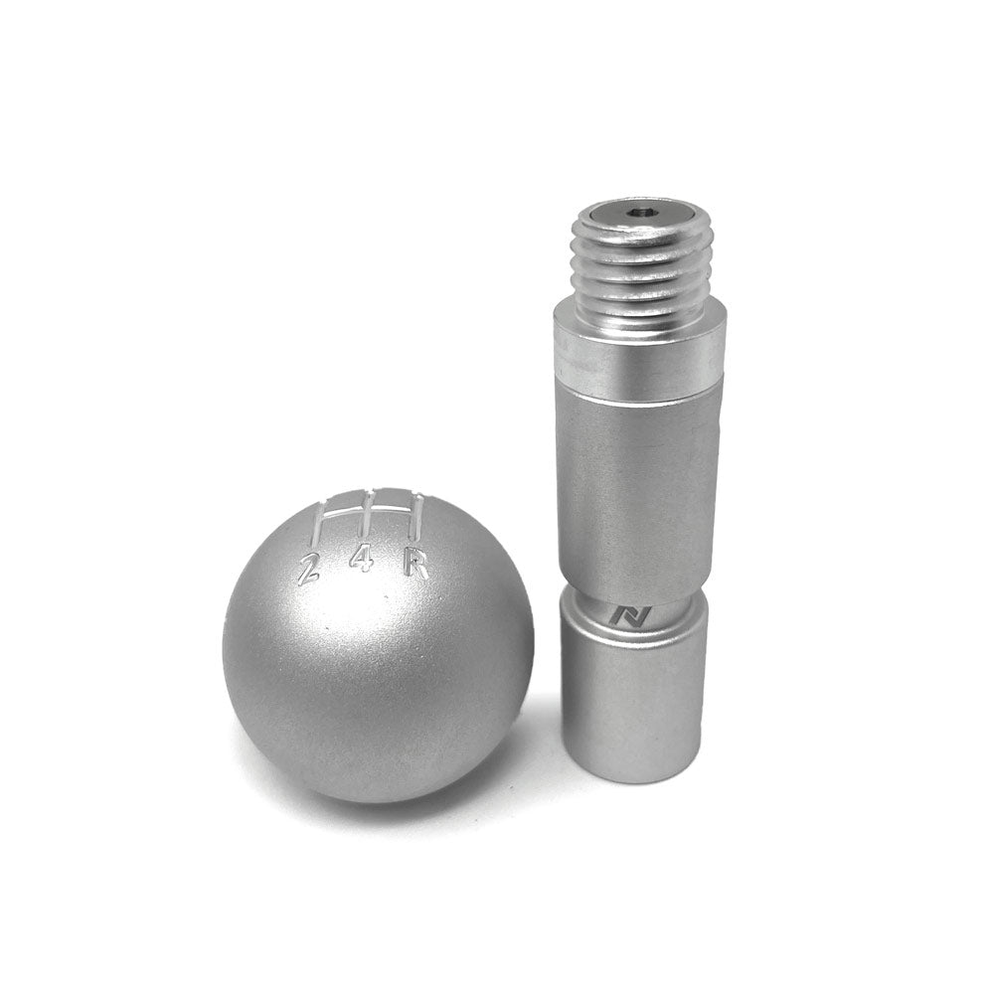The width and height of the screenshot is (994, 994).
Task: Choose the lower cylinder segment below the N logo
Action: (x=634, y=696)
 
